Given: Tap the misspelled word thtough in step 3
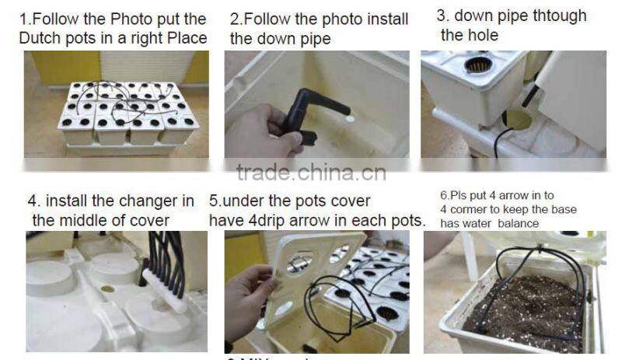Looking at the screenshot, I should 558,16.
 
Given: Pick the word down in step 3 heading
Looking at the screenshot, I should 474,16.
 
